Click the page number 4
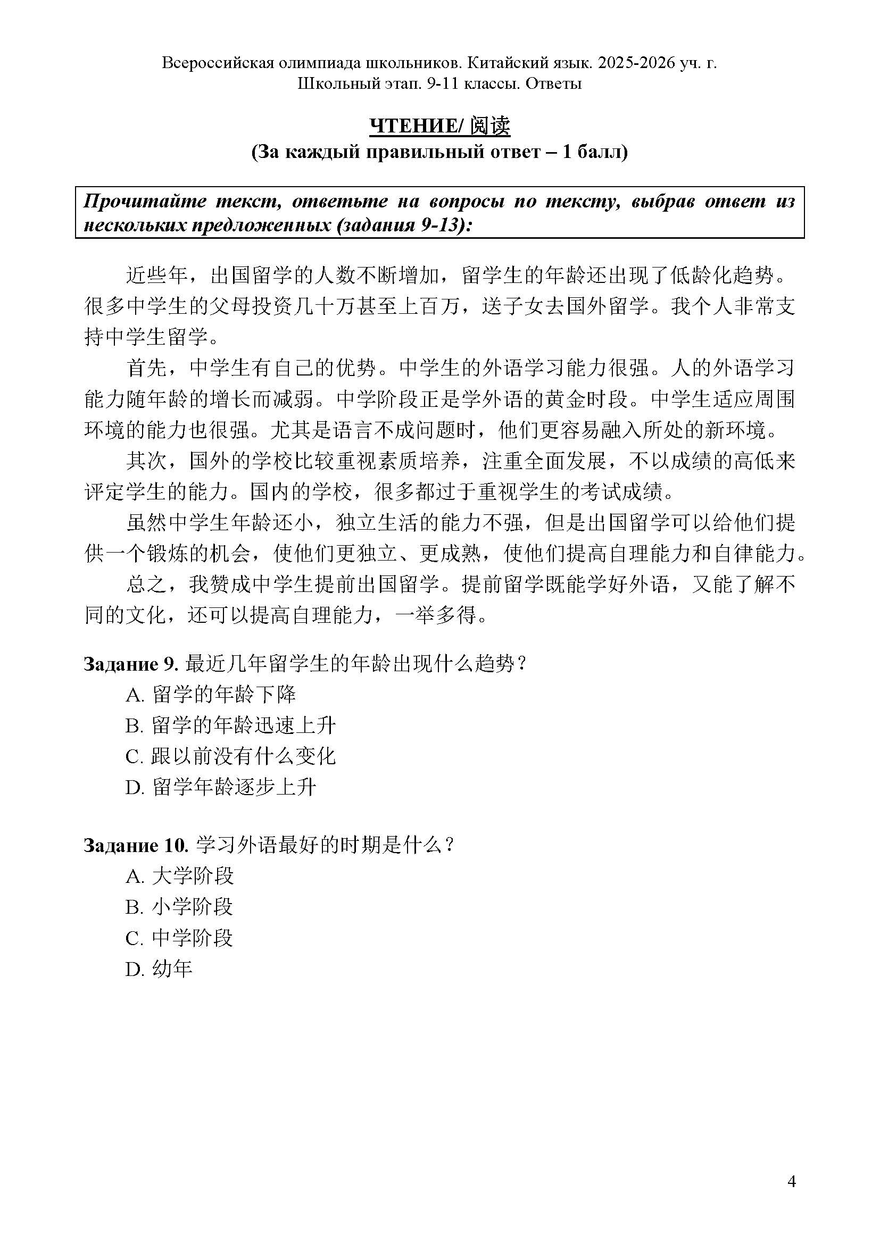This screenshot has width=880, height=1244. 792,1182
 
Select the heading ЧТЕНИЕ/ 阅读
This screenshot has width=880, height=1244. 439,126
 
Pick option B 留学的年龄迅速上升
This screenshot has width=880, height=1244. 231,725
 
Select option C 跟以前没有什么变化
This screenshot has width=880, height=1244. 231,756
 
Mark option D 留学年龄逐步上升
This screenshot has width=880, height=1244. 221,787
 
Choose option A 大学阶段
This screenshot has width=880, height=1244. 179,875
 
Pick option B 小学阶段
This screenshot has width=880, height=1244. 179,906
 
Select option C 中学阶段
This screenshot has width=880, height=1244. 179,938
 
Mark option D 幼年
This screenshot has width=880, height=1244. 159,969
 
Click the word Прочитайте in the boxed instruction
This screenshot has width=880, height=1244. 144,202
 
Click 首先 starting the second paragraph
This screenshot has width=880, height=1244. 146,369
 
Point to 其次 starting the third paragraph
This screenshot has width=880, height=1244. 146,462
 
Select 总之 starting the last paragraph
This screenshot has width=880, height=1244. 146,585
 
